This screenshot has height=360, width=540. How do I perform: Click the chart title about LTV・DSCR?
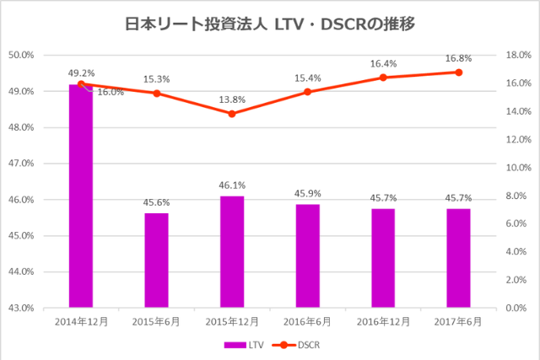coord(269,24)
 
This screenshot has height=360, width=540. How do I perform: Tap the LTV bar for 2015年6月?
coord(156,261)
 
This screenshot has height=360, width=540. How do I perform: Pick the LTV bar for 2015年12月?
coord(232,252)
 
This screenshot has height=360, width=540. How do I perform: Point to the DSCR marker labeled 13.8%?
coord(232,113)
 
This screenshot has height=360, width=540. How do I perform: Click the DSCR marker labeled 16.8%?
coord(459,72)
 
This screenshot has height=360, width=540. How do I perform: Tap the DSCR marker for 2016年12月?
coord(383,78)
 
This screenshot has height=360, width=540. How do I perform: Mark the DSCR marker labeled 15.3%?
coord(156,93)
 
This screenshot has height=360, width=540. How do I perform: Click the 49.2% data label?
coord(81,73)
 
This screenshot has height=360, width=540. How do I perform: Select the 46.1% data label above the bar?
coord(232,185)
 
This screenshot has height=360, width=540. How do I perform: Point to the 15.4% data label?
coord(308,78)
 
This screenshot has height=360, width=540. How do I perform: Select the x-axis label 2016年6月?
coord(308,322)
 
